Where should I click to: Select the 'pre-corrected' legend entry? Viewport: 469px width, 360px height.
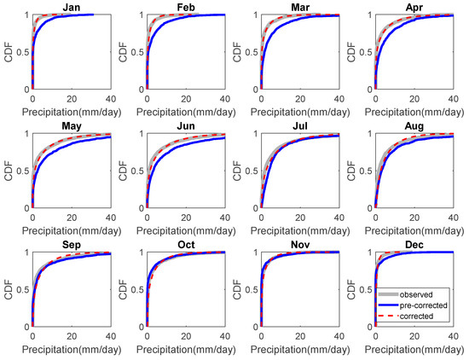[436, 305]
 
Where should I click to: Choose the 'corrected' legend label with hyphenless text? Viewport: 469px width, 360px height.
[431, 316]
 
